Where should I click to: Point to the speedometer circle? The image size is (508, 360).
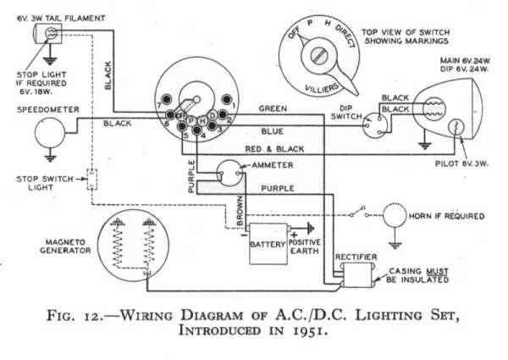point(50,132)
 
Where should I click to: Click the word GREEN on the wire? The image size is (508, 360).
point(274,108)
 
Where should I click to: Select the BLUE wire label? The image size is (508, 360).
point(272,130)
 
